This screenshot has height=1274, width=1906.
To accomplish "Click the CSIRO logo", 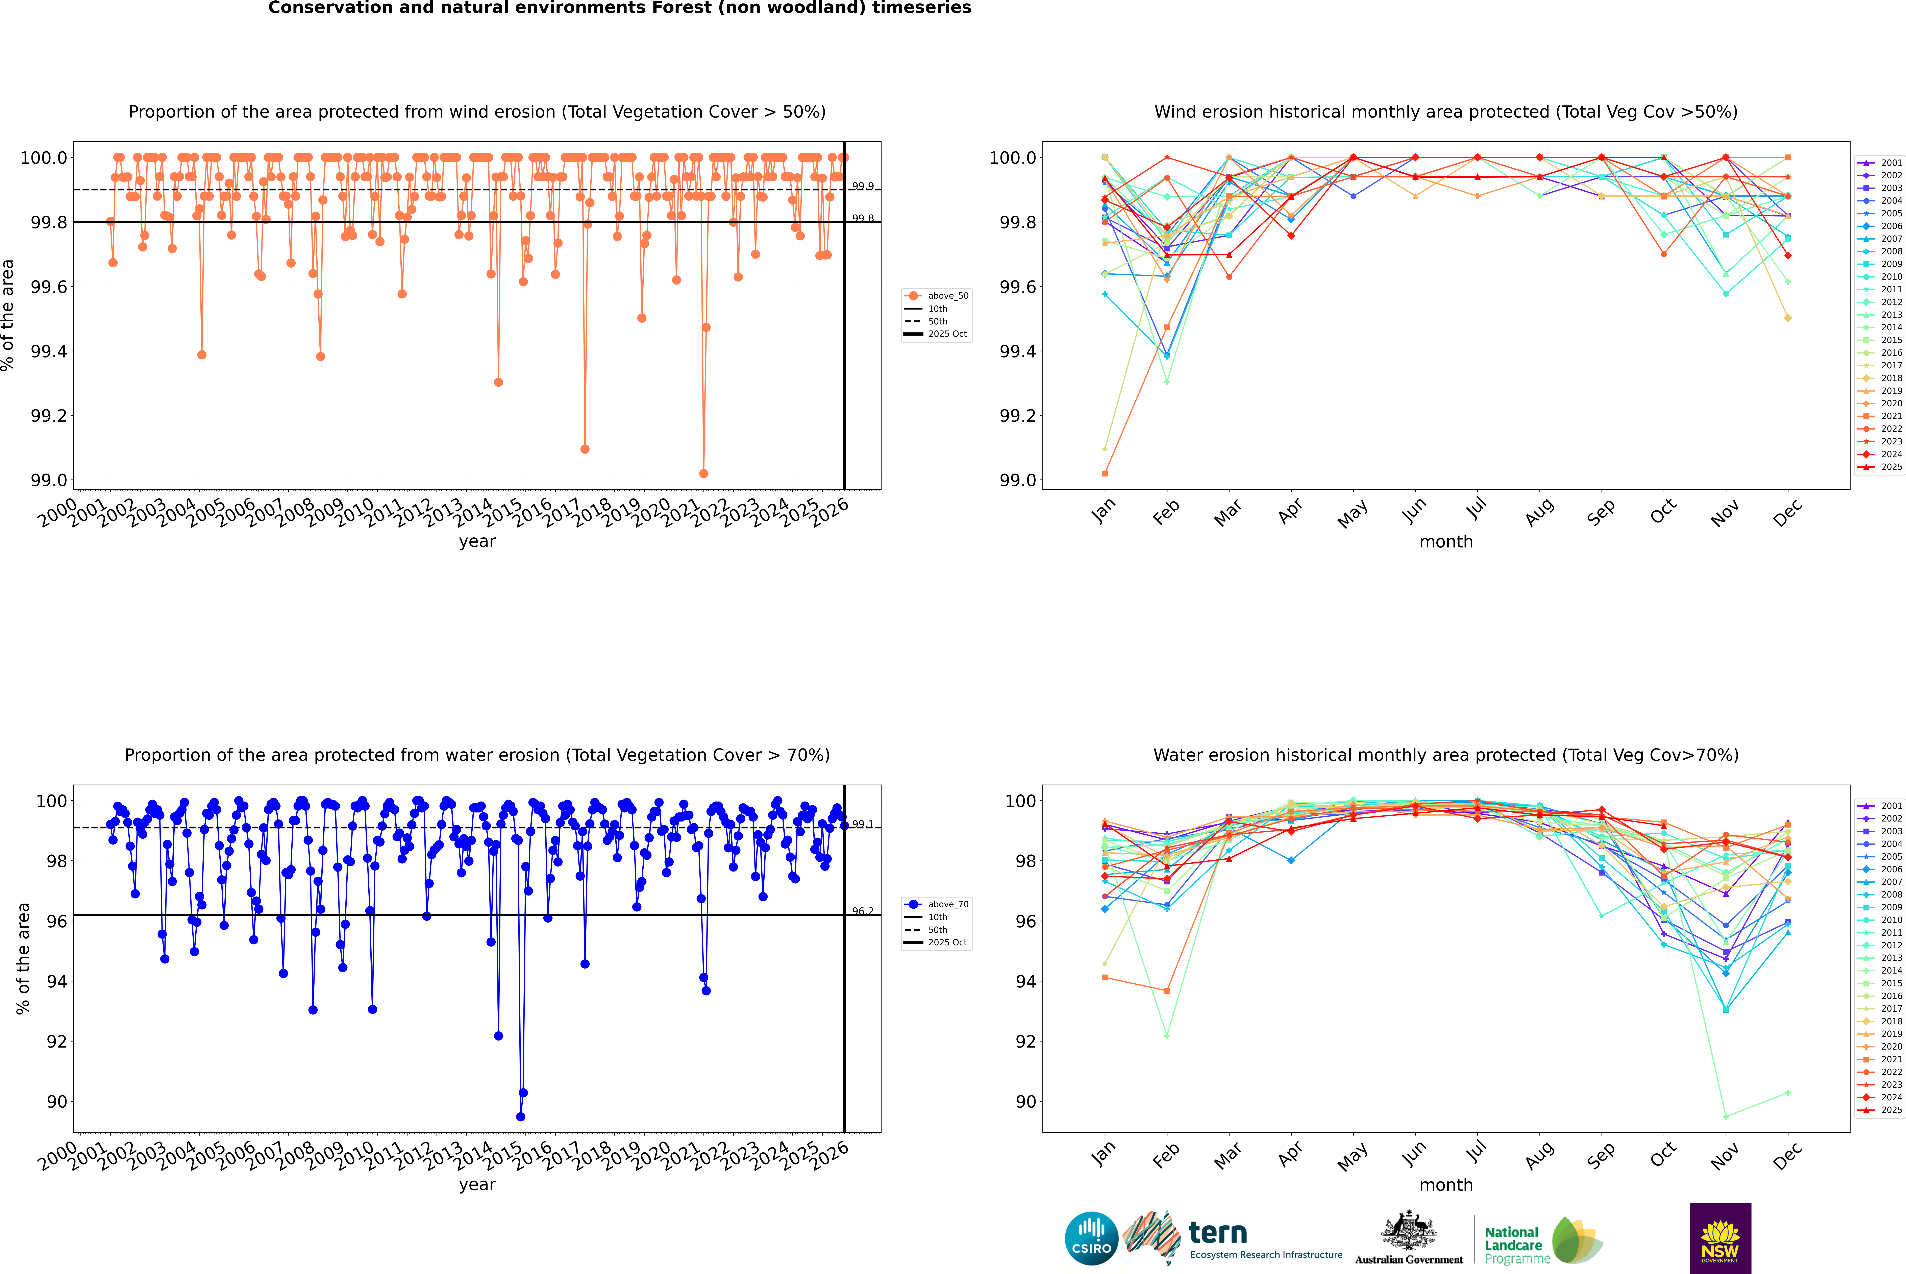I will (1091, 1238).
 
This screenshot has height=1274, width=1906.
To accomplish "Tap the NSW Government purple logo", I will (1720, 1238).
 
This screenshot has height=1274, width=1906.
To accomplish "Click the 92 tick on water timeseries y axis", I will (57, 1042).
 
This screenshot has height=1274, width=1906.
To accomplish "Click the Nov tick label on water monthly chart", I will (1724, 1155).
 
